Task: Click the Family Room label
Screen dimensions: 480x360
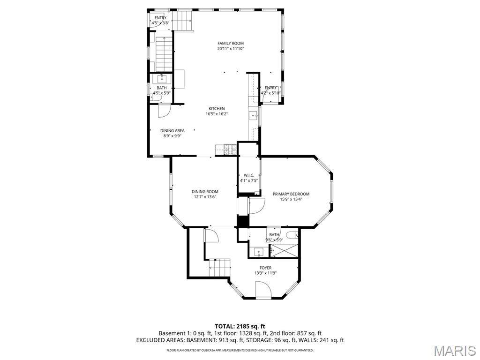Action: point(231,43)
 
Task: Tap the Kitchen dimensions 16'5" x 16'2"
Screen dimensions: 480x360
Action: point(217,114)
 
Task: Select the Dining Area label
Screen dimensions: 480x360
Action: point(172,131)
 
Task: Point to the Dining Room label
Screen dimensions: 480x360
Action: point(205,192)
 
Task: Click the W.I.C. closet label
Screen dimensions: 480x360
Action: point(249,175)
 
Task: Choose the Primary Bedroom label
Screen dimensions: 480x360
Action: point(291,194)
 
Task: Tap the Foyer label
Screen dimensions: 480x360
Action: point(266,268)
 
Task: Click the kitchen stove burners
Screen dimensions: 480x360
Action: point(231,150)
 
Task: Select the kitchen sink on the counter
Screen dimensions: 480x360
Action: point(254,116)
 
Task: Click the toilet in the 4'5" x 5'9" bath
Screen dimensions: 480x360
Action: point(156,97)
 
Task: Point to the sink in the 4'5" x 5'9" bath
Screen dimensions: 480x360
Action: point(162,79)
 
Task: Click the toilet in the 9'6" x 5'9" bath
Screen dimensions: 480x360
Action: point(292,235)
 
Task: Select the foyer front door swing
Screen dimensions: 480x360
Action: point(263,289)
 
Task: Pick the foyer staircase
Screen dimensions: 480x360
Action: point(219,267)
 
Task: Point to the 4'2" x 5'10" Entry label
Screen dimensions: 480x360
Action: point(270,90)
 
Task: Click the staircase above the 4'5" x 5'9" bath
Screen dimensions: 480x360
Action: point(165,54)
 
